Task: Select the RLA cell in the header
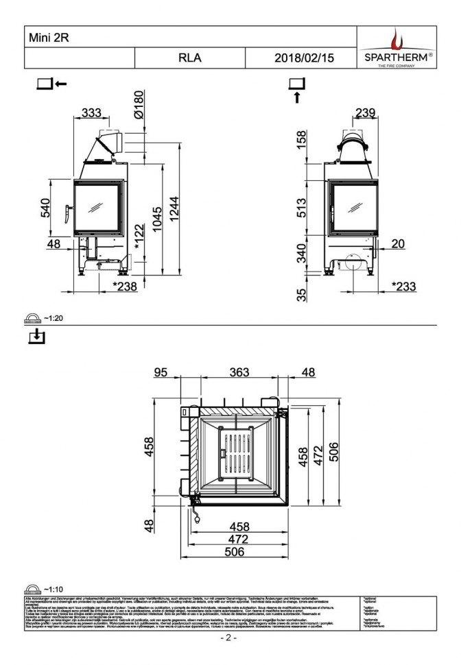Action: [x=189, y=58]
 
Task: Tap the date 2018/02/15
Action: [x=303, y=58]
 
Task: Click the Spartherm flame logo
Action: [x=397, y=39]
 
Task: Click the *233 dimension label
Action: [x=403, y=287]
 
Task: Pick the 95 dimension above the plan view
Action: [x=161, y=372]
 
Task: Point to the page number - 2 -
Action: [x=228, y=638]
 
